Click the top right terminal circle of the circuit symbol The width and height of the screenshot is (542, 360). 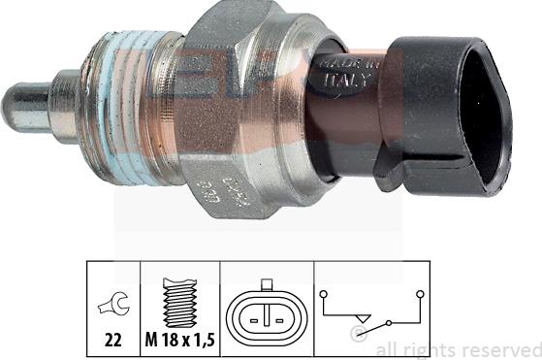(419, 291)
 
